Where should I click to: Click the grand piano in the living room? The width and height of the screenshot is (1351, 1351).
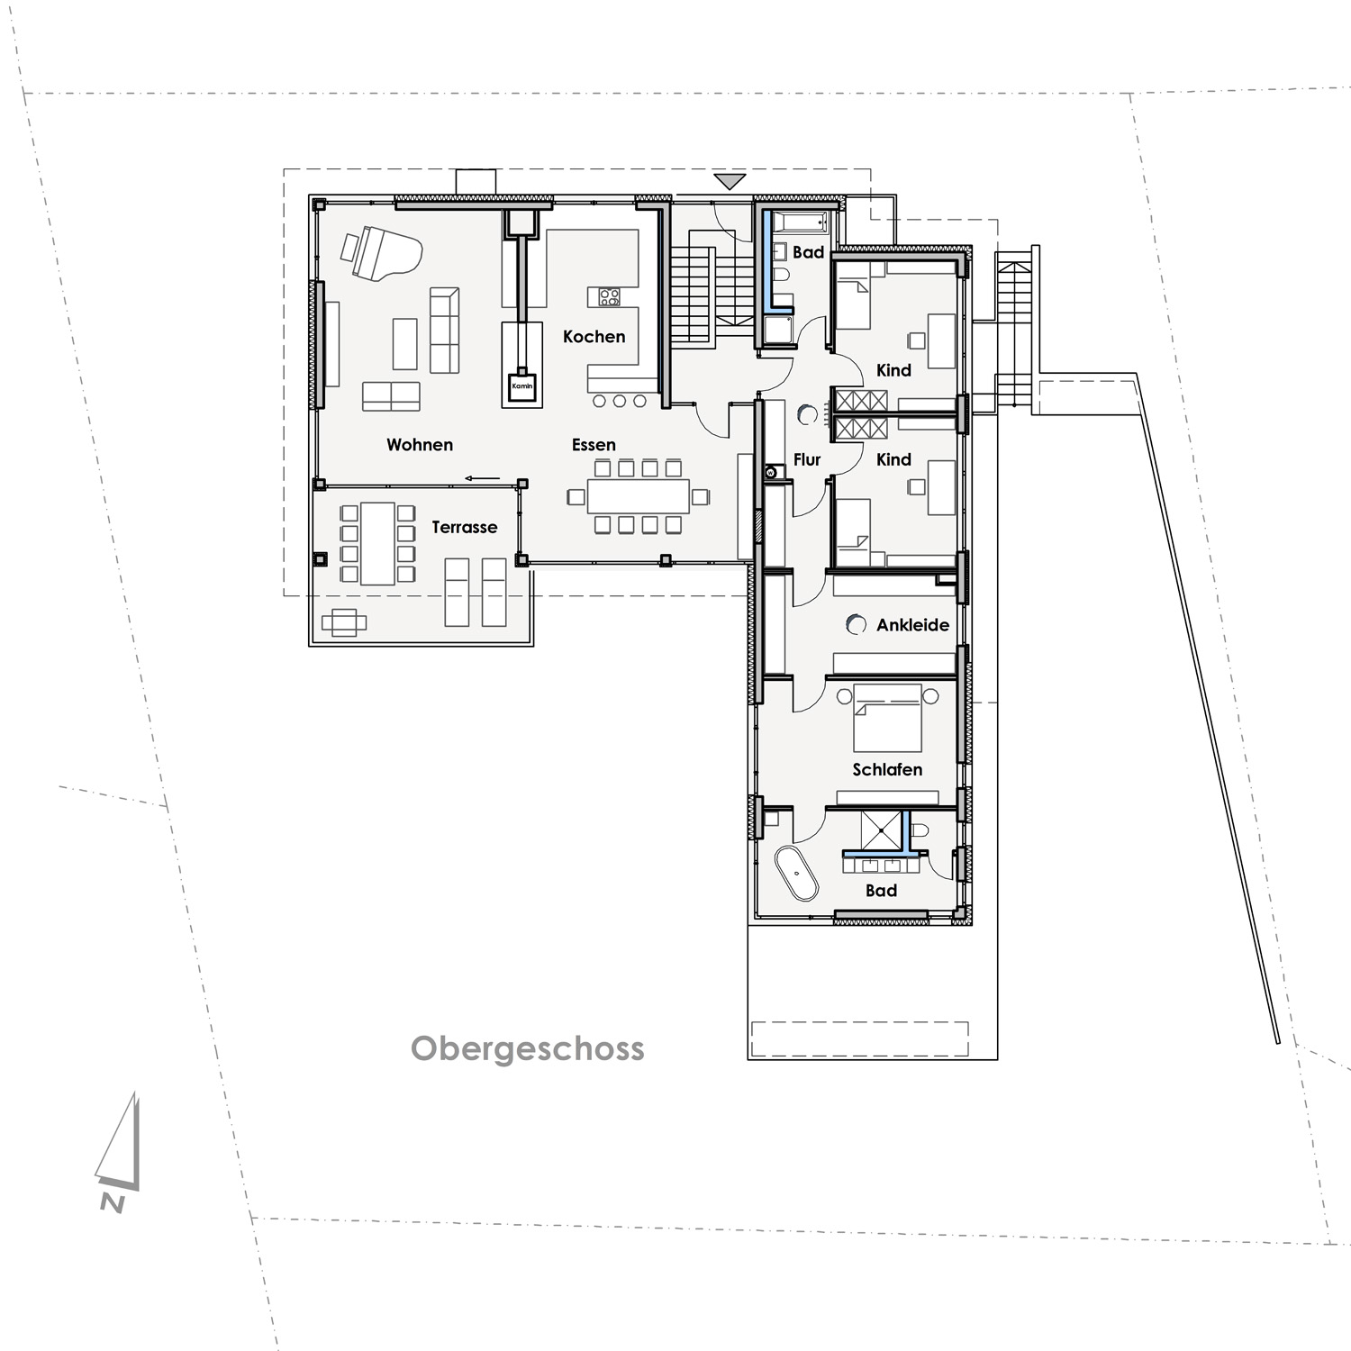tap(380, 252)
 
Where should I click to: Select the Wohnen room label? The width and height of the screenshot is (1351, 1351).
tap(420, 445)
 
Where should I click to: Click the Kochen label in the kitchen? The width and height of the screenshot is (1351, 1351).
tap(594, 337)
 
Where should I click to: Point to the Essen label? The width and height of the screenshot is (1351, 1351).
tap(594, 445)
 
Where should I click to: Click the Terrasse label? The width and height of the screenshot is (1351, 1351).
tap(464, 528)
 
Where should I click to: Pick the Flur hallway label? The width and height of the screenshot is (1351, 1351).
tap(807, 460)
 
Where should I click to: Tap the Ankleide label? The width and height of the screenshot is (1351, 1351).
tap(912, 625)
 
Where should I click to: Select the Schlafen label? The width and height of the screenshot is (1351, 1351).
tap(887, 770)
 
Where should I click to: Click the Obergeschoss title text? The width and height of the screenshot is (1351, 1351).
tap(528, 1049)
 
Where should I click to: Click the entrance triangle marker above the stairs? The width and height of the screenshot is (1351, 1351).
tap(730, 181)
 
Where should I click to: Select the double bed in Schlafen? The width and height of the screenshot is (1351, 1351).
tap(887, 718)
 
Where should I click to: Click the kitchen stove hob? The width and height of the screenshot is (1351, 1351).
tap(610, 296)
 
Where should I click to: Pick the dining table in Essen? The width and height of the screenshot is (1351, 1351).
tap(638, 495)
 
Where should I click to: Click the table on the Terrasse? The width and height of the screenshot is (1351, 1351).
tap(378, 544)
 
